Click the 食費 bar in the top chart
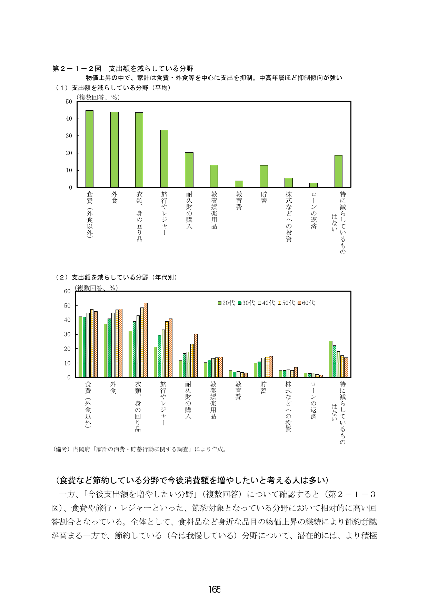pyautogui.click(x=89, y=149)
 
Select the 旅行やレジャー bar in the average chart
pyautogui.click(x=164, y=159)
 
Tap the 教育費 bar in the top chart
pyautogui.click(x=239, y=184)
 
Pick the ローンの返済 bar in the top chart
pyautogui.click(x=313, y=185)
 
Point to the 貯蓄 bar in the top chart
pyautogui.click(x=264, y=176)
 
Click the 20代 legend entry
pyautogui.click(x=226, y=303)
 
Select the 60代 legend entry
pyautogui.click(x=306, y=303)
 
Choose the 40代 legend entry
pyautogui.click(x=266, y=303)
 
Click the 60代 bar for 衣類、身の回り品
pyautogui.click(x=146, y=340)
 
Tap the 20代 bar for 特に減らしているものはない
pyautogui.click(x=330, y=359)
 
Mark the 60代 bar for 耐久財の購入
pyautogui.click(x=196, y=355)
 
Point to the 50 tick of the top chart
pyautogui.click(x=69, y=102)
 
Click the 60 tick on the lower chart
pyautogui.click(x=67, y=291)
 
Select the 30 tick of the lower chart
pyautogui.click(x=67, y=334)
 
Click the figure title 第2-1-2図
pyautogui.click(x=77, y=69)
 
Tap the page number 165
pyautogui.click(x=214, y=589)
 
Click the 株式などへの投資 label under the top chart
pyautogui.click(x=289, y=216)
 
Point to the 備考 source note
pyautogui.click(x=140, y=449)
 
